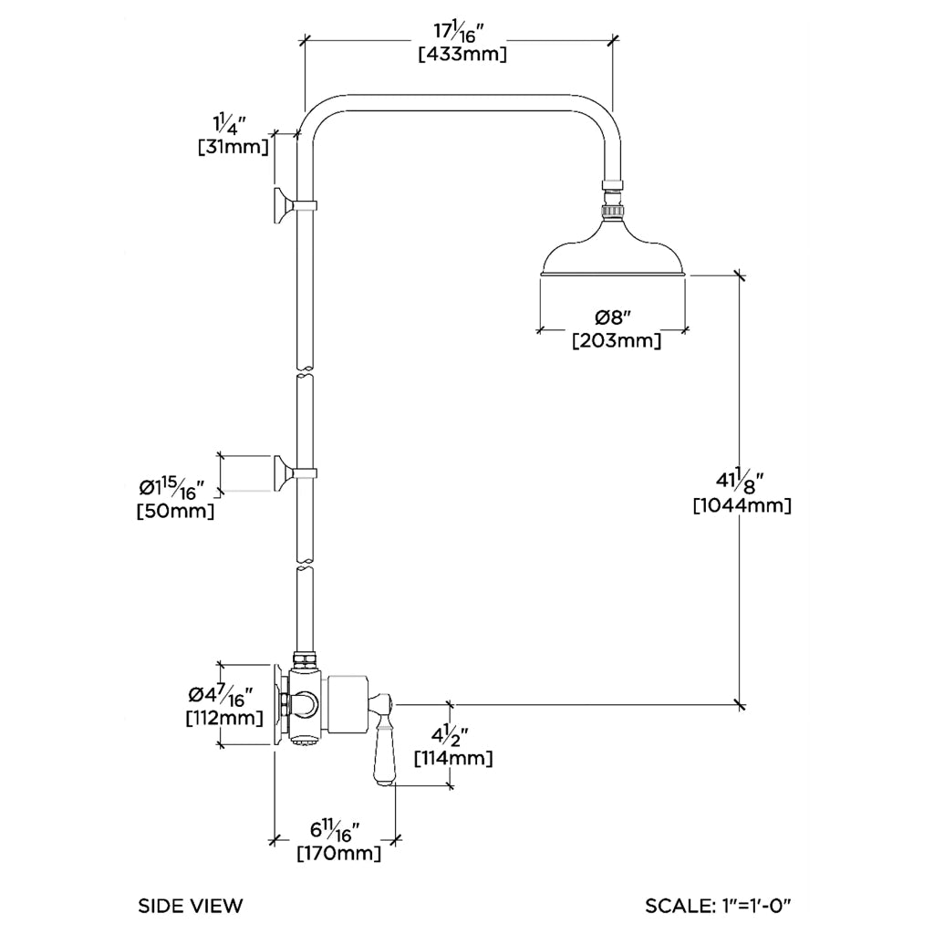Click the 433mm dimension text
(462, 54)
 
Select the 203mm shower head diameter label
(616, 341)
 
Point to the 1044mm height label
(742, 504)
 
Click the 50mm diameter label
(176, 512)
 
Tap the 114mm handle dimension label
(453, 758)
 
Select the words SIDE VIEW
(191, 906)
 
